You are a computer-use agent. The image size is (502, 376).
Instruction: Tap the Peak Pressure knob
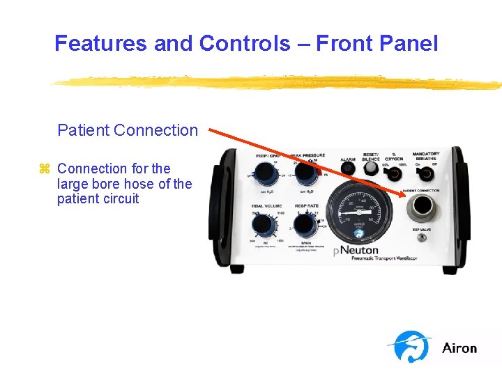point(305,172)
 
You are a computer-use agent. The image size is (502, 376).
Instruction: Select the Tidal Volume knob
point(262,224)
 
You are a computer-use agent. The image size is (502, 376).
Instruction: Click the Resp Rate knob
point(304,224)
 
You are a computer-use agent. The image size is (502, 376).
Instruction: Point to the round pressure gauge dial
point(356,209)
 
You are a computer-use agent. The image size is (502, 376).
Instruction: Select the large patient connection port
point(421,207)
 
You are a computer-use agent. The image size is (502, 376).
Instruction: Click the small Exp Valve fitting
point(421,237)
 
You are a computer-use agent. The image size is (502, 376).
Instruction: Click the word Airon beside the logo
point(459,348)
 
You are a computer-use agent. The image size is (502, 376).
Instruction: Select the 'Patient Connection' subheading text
point(128,130)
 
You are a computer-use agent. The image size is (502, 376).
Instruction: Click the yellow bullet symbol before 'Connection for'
point(45,169)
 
